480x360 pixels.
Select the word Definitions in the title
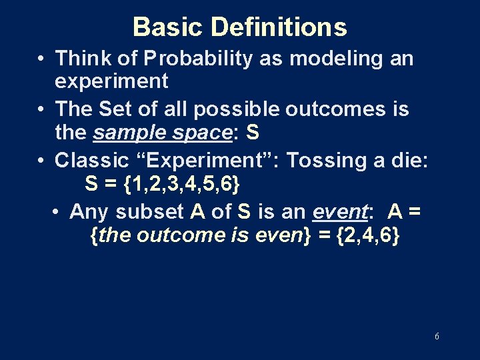click(x=279, y=27)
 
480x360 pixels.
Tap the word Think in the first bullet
click(x=78, y=58)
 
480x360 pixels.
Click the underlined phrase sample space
click(x=161, y=133)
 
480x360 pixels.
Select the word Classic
click(x=91, y=160)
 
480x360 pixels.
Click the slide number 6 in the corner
click(x=436, y=337)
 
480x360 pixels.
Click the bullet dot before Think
click(x=41, y=59)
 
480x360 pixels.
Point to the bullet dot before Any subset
click(x=57, y=212)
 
